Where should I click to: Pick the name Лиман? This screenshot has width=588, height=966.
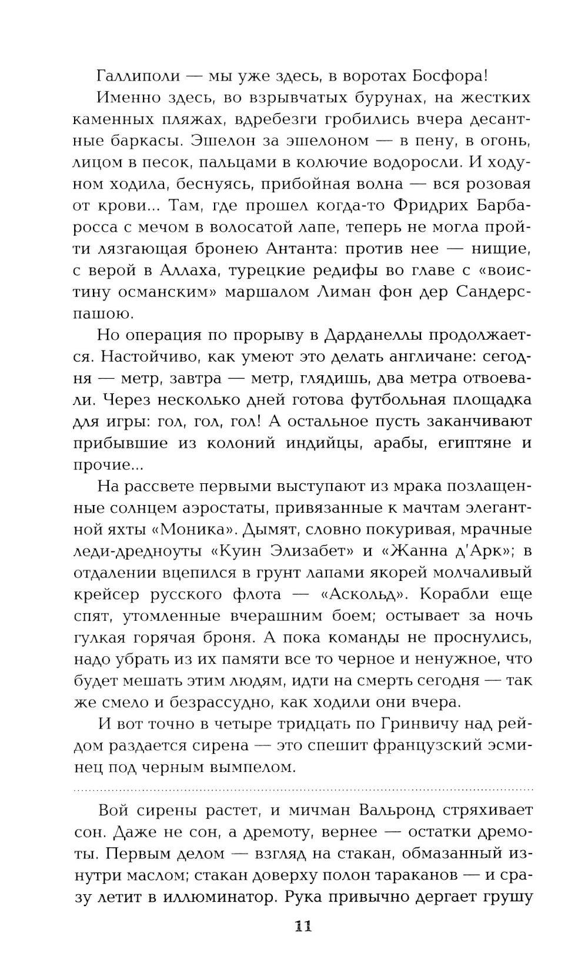pyautogui.click(x=361, y=292)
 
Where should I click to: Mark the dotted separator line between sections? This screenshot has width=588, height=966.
pyautogui.click(x=303, y=788)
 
